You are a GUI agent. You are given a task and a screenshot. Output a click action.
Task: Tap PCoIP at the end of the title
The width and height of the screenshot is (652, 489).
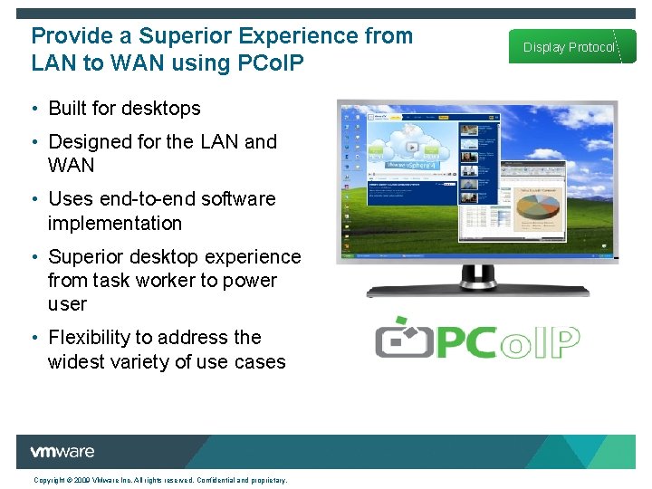point(269,63)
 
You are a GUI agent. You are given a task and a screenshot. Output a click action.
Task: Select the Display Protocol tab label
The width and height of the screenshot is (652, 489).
point(569,47)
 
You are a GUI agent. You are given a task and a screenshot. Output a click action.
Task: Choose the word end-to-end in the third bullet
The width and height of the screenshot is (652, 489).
point(150,199)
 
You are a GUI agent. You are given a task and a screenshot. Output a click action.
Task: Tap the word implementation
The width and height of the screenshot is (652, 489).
point(114,224)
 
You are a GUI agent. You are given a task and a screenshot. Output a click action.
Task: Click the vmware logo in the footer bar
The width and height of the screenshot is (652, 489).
point(62,452)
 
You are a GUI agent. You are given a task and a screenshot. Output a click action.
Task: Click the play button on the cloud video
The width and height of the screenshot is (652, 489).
point(412,147)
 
